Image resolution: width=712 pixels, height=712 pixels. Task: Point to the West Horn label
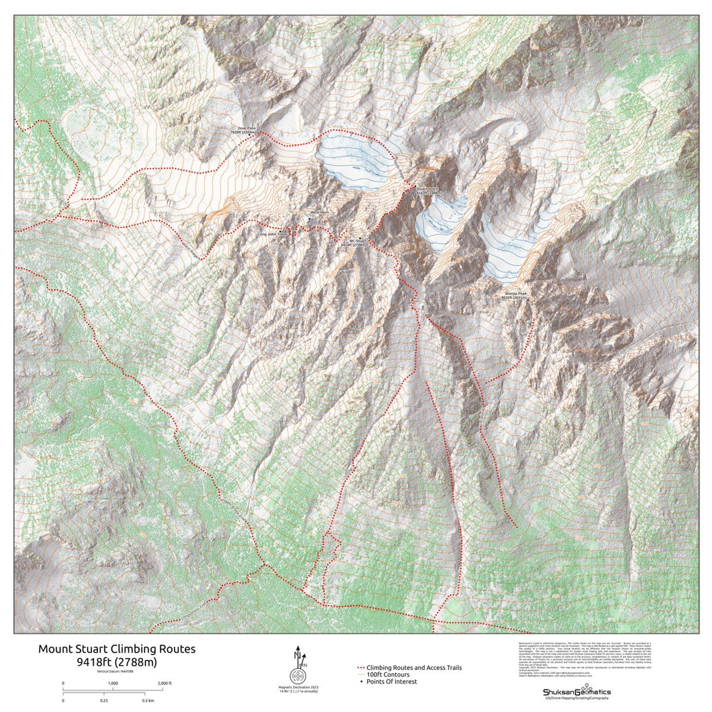[x=319, y=212]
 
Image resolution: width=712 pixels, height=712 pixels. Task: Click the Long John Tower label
[x=272, y=234]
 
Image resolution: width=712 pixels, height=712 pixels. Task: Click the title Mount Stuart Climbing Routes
[x=116, y=649]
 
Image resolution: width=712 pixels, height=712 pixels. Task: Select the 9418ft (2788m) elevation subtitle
[x=116, y=661]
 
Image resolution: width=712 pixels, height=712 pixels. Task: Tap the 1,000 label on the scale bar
[x=113, y=684]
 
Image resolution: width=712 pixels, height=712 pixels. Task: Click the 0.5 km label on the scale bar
[x=148, y=701]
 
